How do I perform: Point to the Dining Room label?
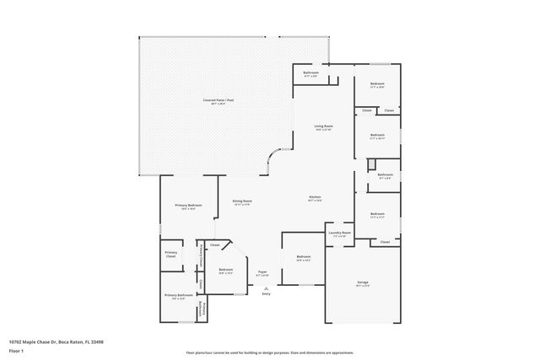(242, 201)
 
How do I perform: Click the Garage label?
(363, 283)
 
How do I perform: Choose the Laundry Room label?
(340, 234)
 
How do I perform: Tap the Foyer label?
(262, 273)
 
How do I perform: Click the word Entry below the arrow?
(267, 293)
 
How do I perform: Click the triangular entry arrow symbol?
(267, 287)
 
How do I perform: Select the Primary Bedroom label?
(187, 207)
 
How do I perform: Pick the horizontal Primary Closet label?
(171, 254)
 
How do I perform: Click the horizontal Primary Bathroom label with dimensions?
(178, 295)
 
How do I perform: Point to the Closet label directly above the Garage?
(385, 242)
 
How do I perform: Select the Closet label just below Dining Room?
(215, 245)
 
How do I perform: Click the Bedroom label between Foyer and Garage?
(303, 257)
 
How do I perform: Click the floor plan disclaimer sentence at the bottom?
(270, 352)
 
